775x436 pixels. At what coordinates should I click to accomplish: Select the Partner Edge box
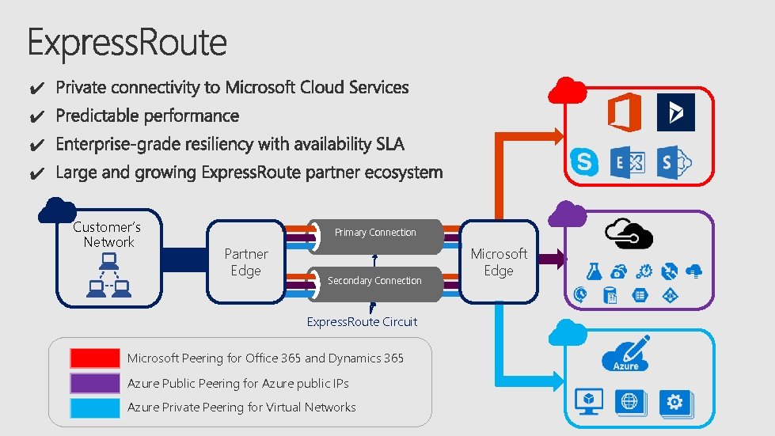[245, 262]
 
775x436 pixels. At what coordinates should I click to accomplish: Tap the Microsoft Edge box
[498, 262]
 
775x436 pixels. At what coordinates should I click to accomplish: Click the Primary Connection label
[374, 233]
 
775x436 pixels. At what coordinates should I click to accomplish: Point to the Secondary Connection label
[374, 281]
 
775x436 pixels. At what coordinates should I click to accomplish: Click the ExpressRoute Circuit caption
[362, 322]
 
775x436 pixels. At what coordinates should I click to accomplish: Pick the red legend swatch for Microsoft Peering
[94, 358]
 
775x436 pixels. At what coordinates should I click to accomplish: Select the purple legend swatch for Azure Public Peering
[94, 383]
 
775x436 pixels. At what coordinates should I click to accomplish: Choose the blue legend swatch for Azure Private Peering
[94, 408]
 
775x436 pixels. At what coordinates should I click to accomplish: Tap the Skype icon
[585, 163]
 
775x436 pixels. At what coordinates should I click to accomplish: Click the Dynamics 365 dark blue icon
[675, 112]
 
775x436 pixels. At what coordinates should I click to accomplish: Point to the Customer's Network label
[108, 234]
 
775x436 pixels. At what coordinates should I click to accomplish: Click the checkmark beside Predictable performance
[36, 117]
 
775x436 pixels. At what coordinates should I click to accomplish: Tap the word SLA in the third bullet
[388, 144]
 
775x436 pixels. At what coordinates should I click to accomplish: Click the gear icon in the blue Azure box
[674, 403]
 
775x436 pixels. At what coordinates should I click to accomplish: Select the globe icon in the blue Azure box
[629, 402]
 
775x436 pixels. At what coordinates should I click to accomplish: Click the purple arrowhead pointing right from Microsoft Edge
[557, 259]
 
